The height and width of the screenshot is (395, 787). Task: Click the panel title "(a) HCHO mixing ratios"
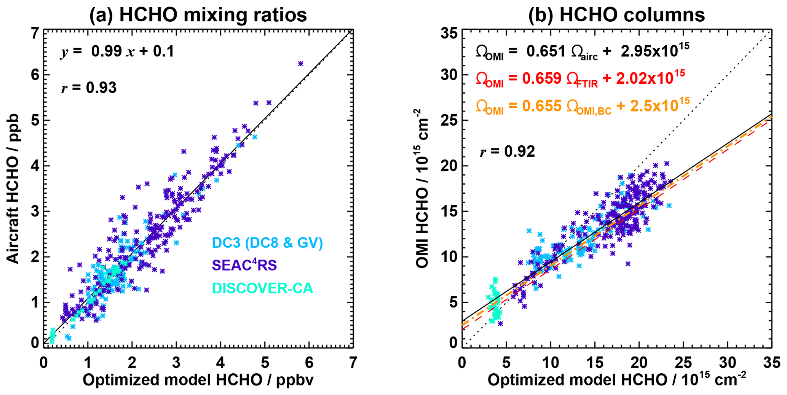coord(198,15)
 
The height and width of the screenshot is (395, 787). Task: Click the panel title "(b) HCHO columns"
coord(616,15)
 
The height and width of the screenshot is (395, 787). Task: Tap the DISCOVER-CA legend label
coord(262,288)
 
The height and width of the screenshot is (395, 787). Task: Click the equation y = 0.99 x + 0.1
coord(117,51)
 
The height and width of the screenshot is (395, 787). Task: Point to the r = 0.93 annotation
coord(89,88)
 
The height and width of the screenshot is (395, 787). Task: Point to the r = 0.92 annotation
coord(507,152)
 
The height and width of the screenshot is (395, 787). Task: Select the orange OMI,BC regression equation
coord(583,106)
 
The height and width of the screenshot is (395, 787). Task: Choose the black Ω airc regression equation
coord(583,51)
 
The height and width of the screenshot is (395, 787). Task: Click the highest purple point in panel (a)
coord(301,64)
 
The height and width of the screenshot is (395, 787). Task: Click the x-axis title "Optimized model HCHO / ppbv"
coord(198,380)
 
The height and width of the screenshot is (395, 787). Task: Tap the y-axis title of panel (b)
coord(423,188)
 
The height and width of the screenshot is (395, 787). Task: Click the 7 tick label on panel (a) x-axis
coord(353,363)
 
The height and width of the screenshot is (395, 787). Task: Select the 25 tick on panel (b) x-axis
coord(683,363)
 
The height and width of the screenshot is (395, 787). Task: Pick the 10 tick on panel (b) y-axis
coord(449,257)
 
